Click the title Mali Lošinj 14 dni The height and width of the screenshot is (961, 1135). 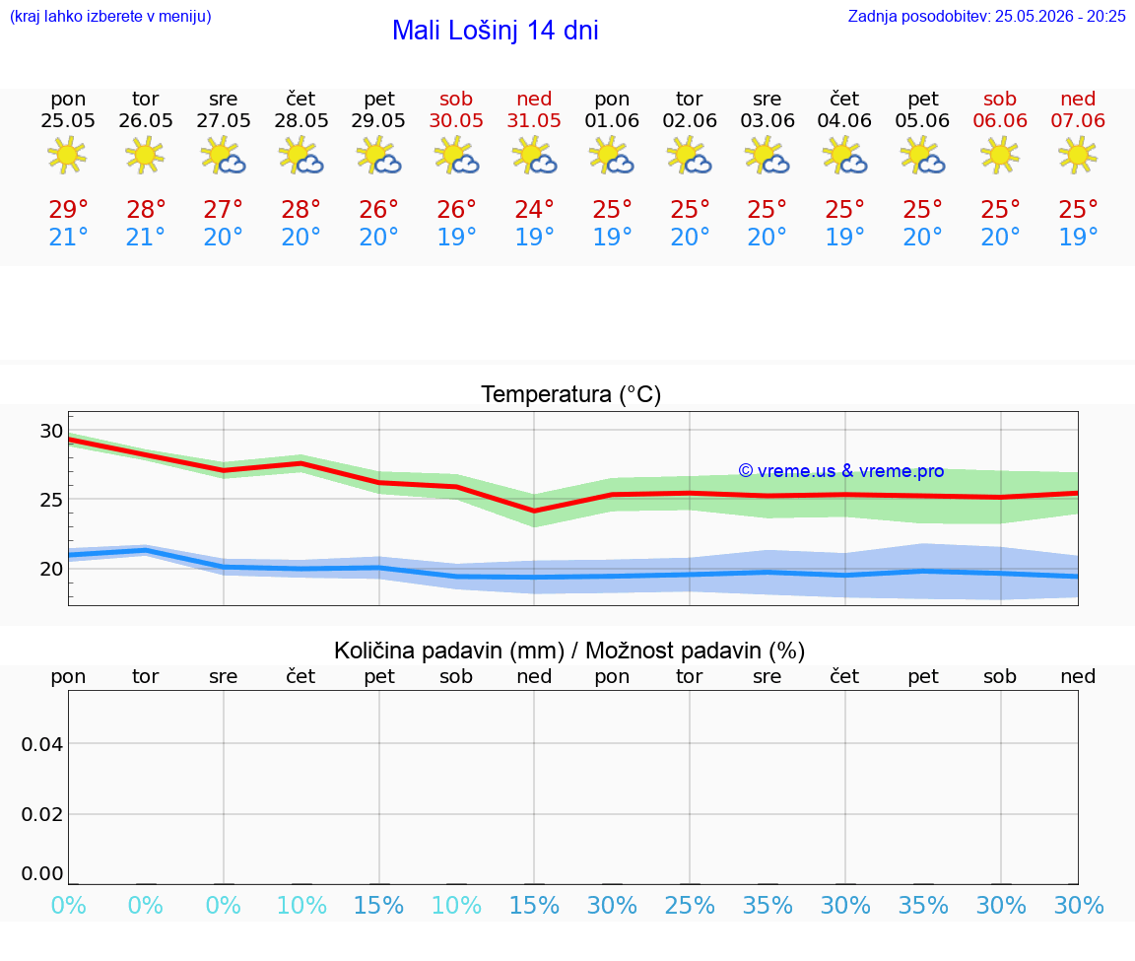click(x=496, y=31)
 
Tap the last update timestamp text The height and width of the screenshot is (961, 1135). click(x=986, y=16)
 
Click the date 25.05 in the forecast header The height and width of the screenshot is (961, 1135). click(x=68, y=120)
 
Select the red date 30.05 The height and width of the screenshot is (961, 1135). click(x=456, y=120)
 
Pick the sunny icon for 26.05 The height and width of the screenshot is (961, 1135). click(x=145, y=156)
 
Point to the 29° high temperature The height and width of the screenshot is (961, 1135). click(x=68, y=209)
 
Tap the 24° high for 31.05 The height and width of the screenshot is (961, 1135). click(x=534, y=209)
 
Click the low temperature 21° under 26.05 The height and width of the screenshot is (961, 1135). click(x=145, y=237)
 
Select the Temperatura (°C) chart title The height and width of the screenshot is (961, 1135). click(x=571, y=394)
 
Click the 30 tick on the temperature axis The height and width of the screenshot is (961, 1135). click(x=51, y=431)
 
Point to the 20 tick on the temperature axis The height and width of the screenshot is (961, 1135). click(x=51, y=570)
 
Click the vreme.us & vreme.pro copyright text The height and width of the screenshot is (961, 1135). click(x=841, y=471)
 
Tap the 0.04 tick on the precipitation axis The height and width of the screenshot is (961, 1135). click(x=42, y=744)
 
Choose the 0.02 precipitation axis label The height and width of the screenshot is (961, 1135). click(x=42, y=814)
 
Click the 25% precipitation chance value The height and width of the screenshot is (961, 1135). click(x=690, y=905)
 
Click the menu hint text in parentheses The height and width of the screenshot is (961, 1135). click(x=110, y=16)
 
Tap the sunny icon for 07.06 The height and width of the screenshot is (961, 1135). click(x=1078, y=156)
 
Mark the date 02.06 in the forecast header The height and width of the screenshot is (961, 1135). click(x=690, y=120)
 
